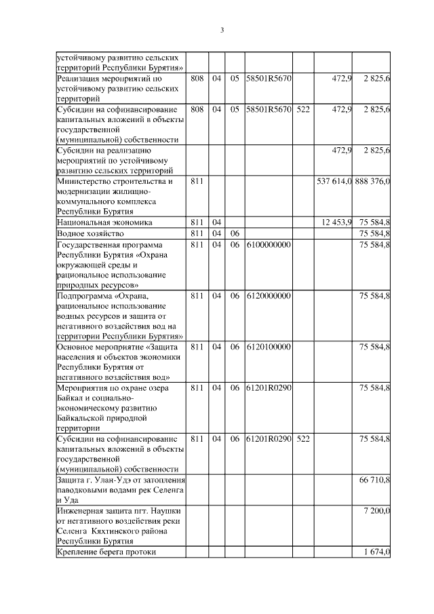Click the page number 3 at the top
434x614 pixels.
[x=222, y=30]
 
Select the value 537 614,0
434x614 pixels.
[x=334, y=182]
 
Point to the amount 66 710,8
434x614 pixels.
[x=374, y=480]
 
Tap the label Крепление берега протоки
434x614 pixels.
[x=106, y=552]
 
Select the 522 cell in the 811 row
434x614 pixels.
[x=303, y=439]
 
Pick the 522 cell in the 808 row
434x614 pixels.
[x=303, y=109]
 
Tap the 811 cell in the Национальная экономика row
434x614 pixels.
[x=197, y=222]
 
